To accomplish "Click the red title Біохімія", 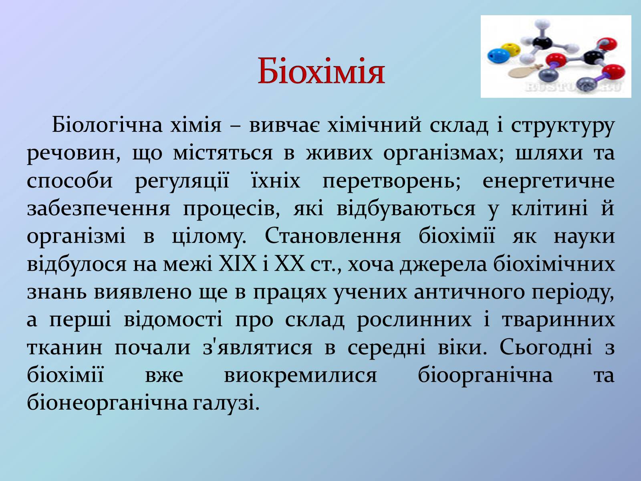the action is (x=321, y=71).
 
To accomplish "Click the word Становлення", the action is (x=333, y=236).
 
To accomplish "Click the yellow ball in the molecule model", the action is (x=510, y=49).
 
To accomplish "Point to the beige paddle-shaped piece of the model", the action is (x=524, y=71).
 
